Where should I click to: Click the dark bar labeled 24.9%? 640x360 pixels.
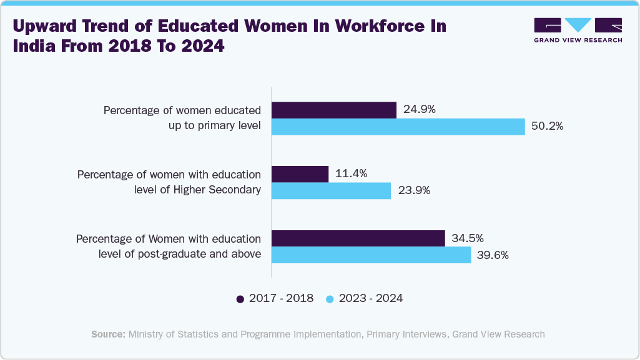334,110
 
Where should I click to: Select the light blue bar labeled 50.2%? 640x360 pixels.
398,127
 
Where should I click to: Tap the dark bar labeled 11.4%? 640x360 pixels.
300,174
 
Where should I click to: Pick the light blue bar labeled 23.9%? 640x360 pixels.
332,191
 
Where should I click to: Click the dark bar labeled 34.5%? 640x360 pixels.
358,238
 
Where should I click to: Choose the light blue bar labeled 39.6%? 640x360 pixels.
372,255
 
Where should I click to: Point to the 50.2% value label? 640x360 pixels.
548,126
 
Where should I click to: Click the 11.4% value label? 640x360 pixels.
352,174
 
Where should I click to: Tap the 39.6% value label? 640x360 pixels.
493,255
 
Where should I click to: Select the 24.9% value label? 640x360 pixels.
420,109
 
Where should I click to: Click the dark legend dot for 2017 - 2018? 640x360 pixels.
240,299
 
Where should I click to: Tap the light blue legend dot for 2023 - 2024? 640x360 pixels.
330,299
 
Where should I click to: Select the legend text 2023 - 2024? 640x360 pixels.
371,298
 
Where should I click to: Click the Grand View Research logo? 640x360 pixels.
578,31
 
